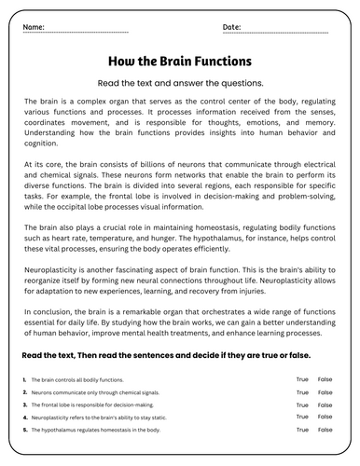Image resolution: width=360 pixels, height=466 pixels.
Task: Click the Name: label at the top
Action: point(34,27)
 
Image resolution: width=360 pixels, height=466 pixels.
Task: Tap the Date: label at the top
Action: point(232,27)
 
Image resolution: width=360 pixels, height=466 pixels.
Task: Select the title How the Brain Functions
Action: point(180,62)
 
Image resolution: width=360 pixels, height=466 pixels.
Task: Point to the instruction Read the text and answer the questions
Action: point(180,83)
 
